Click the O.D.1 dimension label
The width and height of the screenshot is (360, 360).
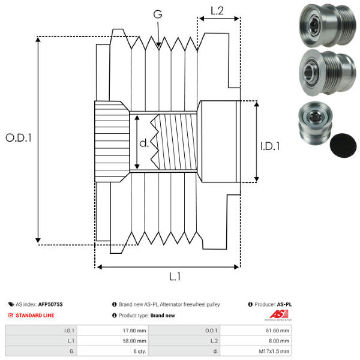[19, 137]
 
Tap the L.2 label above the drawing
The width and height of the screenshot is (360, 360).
[217, 10]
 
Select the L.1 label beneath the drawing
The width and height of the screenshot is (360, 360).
[175, 277]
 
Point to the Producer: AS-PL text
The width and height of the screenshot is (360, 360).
[273, 305]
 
